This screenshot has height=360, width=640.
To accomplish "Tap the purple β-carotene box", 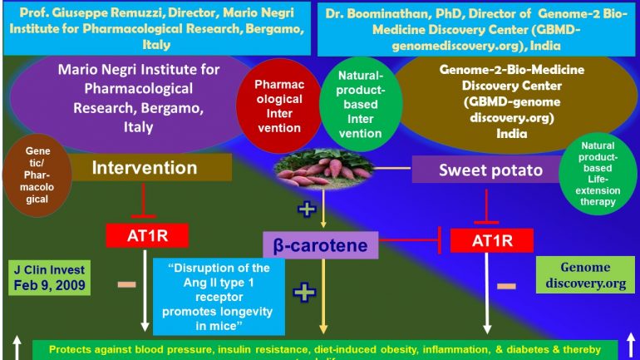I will pyautogui.click(x=320, y=244).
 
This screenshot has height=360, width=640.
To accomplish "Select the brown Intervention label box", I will pyautogui.click(x=145, y=168).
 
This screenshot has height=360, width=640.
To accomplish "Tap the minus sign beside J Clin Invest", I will pyautogui.click(x=126, y=284).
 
